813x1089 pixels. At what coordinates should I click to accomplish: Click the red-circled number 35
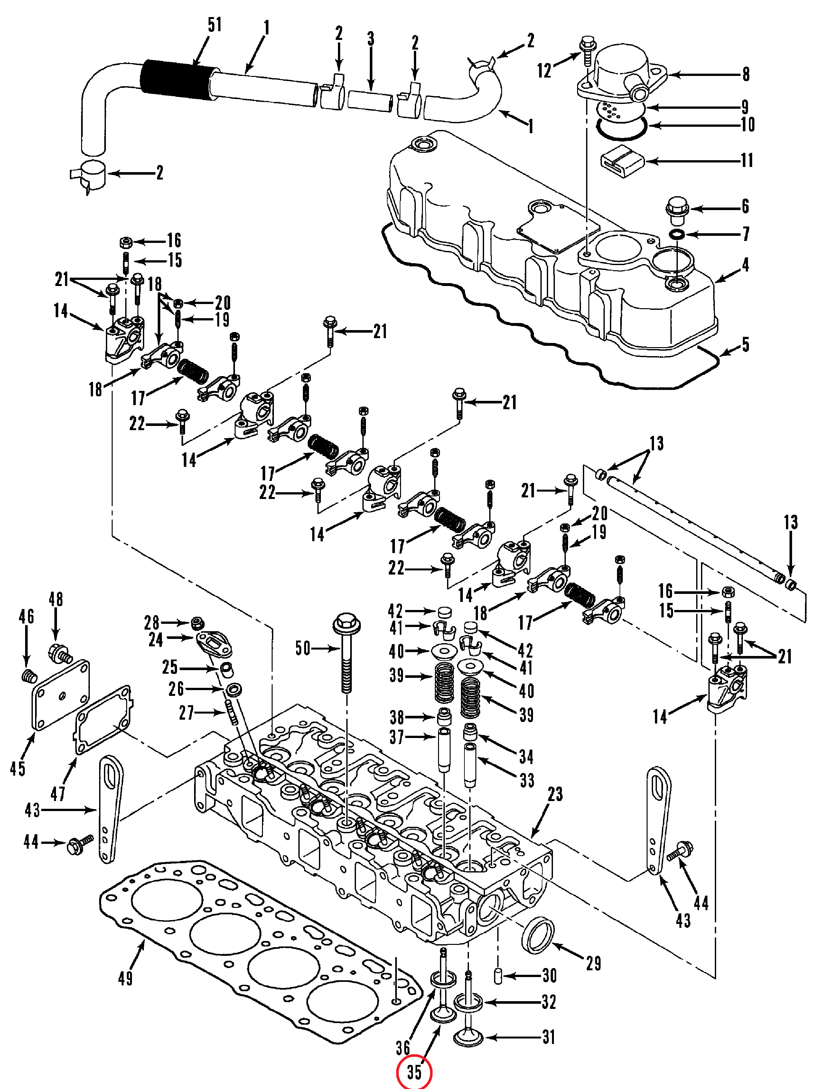[414, 1072]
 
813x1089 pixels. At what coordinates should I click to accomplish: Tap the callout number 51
[214, 24]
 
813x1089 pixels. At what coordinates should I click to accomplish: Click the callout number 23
[555, 794]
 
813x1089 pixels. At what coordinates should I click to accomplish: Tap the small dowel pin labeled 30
[498, 976]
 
